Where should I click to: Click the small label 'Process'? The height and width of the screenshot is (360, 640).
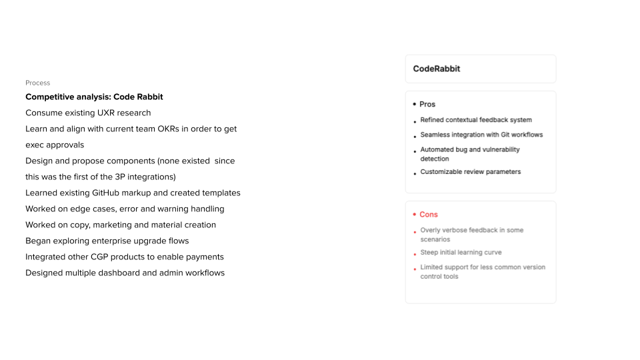(37, 83)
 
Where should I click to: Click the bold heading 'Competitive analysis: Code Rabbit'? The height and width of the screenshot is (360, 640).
(94, 97)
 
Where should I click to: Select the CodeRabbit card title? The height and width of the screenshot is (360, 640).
(437, 69)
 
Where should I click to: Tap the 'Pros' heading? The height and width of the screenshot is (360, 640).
(427, 105)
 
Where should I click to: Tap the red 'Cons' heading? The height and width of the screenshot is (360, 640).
(429, 215)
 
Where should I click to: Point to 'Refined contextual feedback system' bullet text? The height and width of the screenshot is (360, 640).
(476, 120)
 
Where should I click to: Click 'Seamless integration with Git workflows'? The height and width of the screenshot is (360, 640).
(481, 135)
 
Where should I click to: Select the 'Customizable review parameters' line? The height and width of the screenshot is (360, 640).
(471, 172)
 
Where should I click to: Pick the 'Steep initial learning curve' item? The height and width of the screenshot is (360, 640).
(461, 253)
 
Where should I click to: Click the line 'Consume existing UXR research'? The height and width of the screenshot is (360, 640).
(88, 113)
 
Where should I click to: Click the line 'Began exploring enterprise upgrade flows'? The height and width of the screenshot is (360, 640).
(107, 241)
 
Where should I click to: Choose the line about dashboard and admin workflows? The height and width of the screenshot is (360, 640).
(125, 273)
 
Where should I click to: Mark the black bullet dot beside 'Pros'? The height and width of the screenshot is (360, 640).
(414, 105)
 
